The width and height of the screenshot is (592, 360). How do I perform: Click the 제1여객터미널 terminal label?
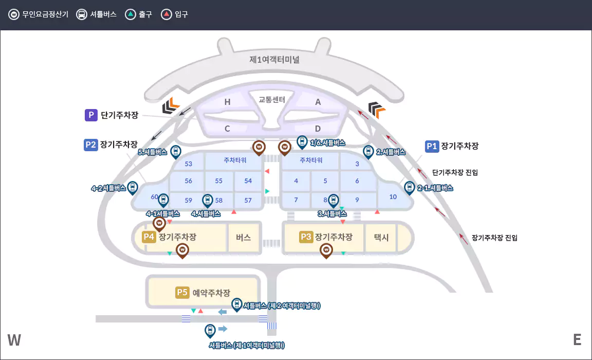click(274, 60)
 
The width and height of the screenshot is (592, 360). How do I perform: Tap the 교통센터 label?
click(272, 99)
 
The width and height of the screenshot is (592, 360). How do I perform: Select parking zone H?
click(227, 102)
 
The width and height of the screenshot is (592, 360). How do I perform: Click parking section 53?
click(188, 164)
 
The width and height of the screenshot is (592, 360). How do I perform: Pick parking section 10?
click(393, 197)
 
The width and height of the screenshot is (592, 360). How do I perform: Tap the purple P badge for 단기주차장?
click(91, 115)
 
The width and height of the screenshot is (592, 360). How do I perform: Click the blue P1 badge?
click(432, 146)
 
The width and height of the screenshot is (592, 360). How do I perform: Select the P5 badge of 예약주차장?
click(182, 293)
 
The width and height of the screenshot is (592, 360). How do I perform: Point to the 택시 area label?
click(381, 238)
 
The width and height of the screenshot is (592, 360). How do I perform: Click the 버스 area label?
click(243, 238)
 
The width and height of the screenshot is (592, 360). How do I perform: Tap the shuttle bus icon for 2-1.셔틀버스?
click(409, 187)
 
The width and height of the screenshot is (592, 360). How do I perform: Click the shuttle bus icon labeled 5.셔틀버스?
click(175, 151)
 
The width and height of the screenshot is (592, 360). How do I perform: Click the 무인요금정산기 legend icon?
click(14, 14)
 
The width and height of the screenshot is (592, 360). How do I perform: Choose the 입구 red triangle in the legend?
click(166, 14)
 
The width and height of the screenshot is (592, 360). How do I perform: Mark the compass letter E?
click(577, 340)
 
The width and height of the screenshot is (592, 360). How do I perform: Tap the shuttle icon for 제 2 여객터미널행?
click(236, 304)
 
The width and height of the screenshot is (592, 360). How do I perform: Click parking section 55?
click(219, 181)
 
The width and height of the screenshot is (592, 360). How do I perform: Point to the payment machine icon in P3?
click(326, 250)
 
